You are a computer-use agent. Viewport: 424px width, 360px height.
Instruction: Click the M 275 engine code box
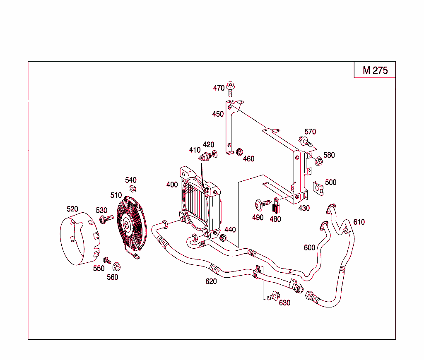click(375, 70)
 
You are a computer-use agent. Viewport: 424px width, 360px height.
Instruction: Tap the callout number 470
click(219, 88)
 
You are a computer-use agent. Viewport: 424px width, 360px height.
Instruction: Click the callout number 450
click(218, 114)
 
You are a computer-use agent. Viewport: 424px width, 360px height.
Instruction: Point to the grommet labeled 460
click(239, 152)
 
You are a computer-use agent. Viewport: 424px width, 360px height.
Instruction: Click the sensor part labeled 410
click(205, 157)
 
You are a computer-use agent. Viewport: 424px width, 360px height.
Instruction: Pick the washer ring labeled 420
click(214, 155)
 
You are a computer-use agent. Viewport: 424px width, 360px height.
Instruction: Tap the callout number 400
click(172, 185)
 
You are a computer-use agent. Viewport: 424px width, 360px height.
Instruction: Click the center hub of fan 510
click(126, 225)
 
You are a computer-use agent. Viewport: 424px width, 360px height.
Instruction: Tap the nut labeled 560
click(116, 266)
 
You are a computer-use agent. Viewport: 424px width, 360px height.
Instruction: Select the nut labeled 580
click(319, 161)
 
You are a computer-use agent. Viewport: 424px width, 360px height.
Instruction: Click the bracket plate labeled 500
click(318, 187)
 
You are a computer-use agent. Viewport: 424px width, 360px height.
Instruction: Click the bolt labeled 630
click(273, 296)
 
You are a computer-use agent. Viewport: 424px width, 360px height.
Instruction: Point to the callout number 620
click(211, 281)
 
